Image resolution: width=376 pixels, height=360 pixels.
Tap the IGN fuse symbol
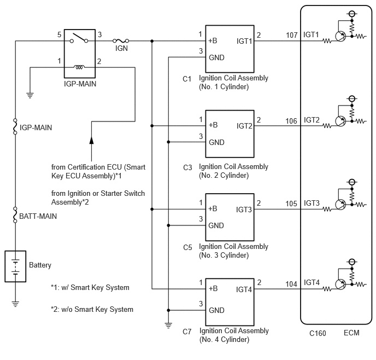coord(121,41)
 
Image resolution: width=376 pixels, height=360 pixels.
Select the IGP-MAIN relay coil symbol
coord(79,67)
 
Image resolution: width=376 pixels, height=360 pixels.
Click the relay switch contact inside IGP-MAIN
coord(79,38)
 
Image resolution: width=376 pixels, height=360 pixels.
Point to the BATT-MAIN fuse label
coord(38,216)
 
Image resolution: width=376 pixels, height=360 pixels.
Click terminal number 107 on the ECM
coord(292,35)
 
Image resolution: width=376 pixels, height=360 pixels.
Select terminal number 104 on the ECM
coord(291,284)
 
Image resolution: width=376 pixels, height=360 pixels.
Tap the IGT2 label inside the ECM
coord(312,120)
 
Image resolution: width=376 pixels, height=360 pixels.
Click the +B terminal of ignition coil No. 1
coord(213,40)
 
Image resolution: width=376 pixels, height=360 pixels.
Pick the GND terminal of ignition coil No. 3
coord(216,225)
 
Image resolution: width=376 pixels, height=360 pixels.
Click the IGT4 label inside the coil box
coord(244,289)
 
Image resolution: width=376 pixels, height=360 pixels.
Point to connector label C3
coord(187,167)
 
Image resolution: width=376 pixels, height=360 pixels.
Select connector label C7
coord(187,332)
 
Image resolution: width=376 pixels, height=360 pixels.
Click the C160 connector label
coord(318,333)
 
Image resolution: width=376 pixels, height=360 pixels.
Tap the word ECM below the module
coord(351,333)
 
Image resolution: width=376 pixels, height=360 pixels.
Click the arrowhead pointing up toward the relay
coord(91,140)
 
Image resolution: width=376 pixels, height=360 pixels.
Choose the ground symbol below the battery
coord(15,304)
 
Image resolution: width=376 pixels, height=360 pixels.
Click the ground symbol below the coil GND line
coord(168,326)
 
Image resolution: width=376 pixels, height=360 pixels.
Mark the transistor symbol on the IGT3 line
coord(340,205)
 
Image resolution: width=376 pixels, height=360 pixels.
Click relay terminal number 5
coord(59,35)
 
